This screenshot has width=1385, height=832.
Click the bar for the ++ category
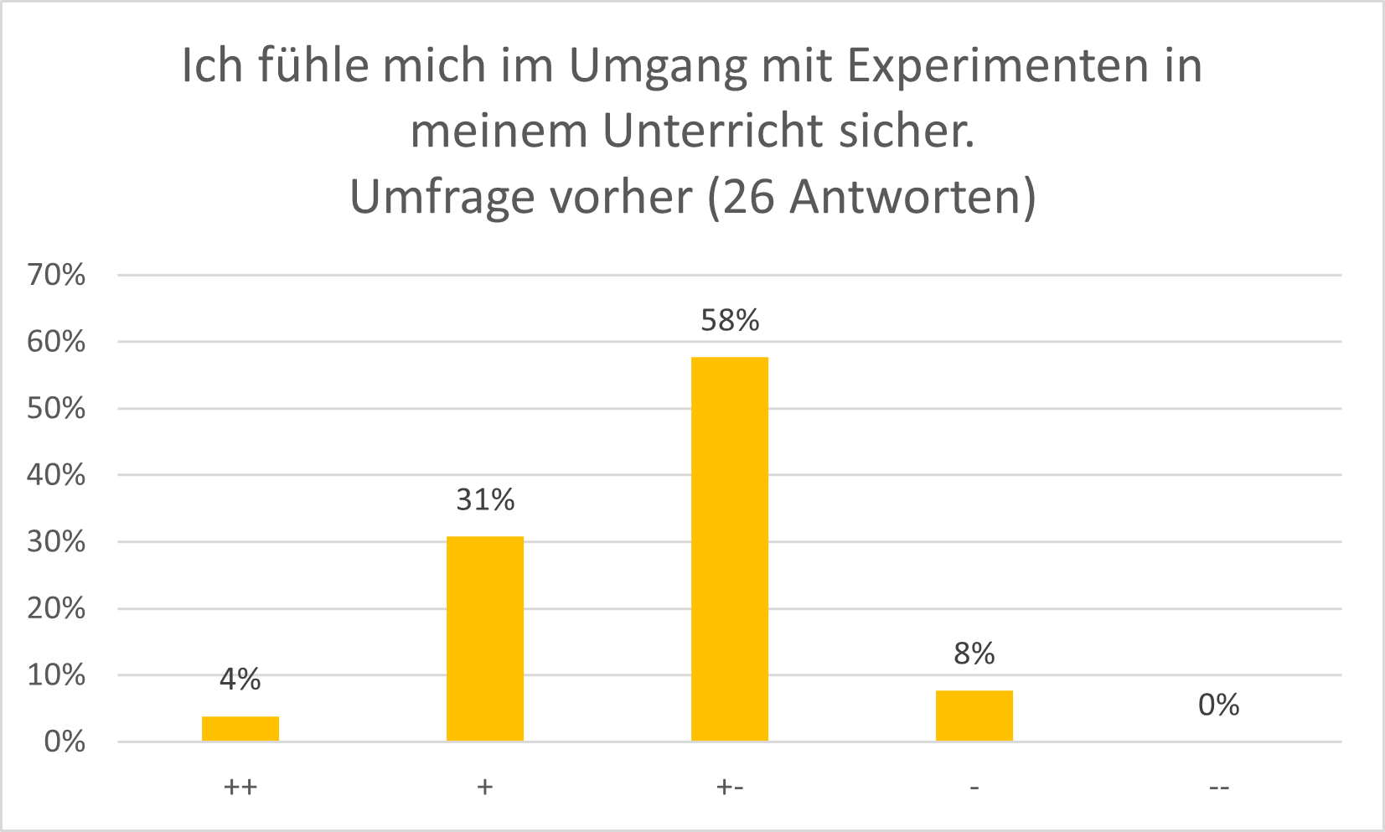click(x=240, y=728)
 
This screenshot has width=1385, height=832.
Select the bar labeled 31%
click(x=485, y=638)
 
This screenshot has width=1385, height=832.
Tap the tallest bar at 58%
click(x=730, y=549)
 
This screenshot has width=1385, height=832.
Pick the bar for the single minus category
click(x=974, y=716)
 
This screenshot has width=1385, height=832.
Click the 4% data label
click(x=240, y=680)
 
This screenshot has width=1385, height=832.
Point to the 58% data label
click(x=730, y=321)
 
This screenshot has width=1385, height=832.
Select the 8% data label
click(x=974, y=654)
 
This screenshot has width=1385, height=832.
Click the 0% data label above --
click(x=1219, y=705)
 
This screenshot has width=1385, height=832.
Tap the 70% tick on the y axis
click(x=56, y=275)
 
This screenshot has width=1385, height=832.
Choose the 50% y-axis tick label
click(x=56, y=408)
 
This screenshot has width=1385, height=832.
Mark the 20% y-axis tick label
click(x=56, y=608)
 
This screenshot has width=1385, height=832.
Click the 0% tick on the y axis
click(x=65, y=742)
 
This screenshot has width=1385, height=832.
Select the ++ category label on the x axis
click(x=240, y=788)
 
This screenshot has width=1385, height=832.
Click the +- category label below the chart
click(x=730, y=788)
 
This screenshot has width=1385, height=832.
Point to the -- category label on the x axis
click(x=1219, y=788)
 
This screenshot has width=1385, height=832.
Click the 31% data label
click(x=485, y=500)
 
